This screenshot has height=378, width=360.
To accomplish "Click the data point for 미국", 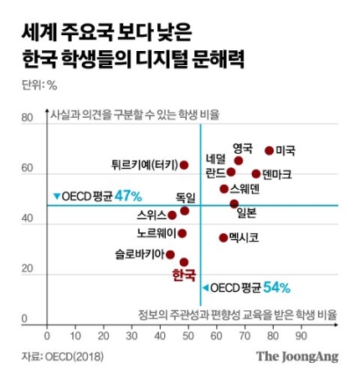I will pyautogui.click(x=269, y=151).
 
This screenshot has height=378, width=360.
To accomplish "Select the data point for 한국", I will pyautogui.click(x=184, y=262).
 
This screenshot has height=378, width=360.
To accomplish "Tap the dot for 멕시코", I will pyautogui.click(x=224, y=238).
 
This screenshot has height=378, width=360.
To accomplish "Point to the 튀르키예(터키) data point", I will pyautogui.click(x=184, y=165).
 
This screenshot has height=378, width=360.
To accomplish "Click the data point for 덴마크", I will pyautogui.click(x=256, y=174).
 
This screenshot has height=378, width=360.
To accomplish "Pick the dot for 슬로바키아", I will pyautogui.click(x=171, y=254).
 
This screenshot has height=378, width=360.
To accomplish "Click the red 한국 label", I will pyautogui.click(x=183, y=276).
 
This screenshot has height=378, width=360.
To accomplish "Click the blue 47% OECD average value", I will pyautogui.click(x=129, y=195).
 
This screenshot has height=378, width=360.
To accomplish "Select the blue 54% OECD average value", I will pyautogui.click(x=277, y=288).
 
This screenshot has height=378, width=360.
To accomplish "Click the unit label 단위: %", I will pyautogui.click(x=39, y=84).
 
